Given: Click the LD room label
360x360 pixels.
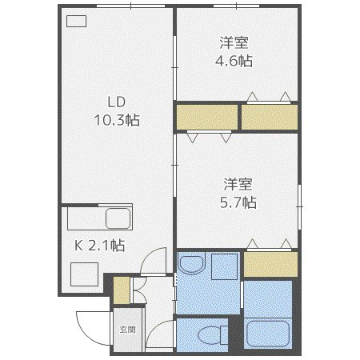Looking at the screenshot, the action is coord(117,102).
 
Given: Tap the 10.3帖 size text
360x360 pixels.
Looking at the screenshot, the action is coord(117,120).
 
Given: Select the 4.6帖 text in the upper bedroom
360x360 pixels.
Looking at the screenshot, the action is coord(234,61).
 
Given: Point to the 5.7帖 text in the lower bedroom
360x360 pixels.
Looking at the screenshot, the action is coord(238,202).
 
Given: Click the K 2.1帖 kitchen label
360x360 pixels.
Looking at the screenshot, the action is coord(99,245).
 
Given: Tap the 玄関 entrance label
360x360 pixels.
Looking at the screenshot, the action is coord(128,330).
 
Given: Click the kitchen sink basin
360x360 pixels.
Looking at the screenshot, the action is coord(118,218).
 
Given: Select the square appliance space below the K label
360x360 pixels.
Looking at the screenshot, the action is coord(84,274).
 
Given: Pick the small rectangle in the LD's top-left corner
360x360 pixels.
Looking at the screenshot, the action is coord(76,21).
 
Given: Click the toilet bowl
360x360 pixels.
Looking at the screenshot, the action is coord(210,335).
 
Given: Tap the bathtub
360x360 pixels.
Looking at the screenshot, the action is coord(268,334).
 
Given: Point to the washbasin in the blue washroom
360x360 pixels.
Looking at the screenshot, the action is coord(191,264).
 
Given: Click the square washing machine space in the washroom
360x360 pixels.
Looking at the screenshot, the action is coord(224,266).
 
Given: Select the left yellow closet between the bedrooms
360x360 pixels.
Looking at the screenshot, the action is coord(207,117).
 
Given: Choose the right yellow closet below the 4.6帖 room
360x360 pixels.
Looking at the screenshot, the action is coord(270,117).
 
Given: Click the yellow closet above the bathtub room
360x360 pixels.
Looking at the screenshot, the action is coord(270,264).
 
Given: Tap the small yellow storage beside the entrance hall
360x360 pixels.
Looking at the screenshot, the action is coord(122,290).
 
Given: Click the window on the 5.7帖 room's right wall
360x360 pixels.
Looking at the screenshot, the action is coord(299,206).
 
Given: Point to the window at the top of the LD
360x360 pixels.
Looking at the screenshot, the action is coord(130,6).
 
